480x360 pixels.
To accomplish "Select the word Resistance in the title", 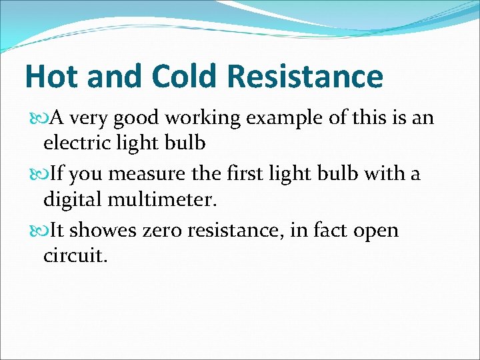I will point(305,77).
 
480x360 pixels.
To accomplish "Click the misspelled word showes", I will point(105,231).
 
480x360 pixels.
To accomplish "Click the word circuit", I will point(75,254).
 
